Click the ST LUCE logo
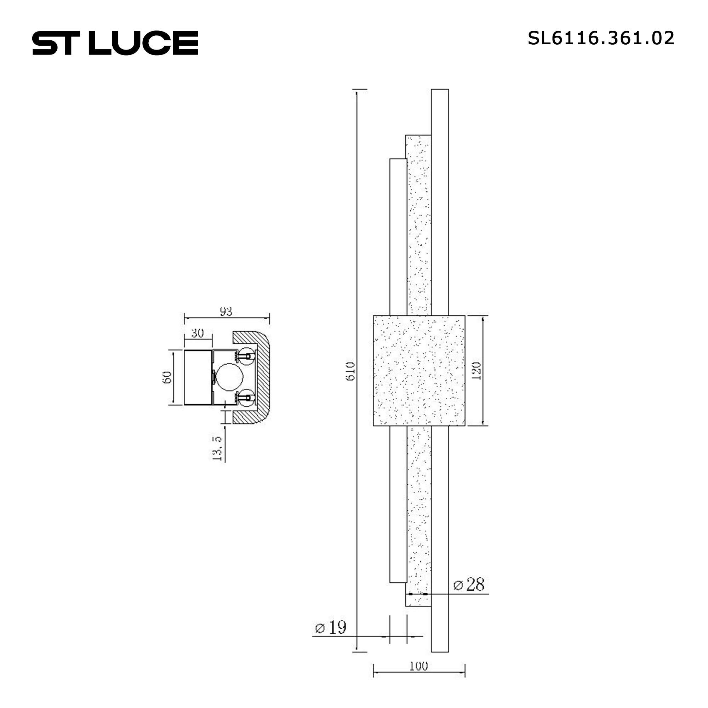(115, 43)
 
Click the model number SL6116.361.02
(601, 38)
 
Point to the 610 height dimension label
(350, 371)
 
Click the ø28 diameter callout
(469, 584)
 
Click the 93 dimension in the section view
(226, 312)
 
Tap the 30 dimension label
(198, 333)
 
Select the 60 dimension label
(167, 377)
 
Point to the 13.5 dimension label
(217, 448)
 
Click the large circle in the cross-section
(229, 377)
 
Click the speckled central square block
(419, 371)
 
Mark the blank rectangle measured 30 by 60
(198, 377)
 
